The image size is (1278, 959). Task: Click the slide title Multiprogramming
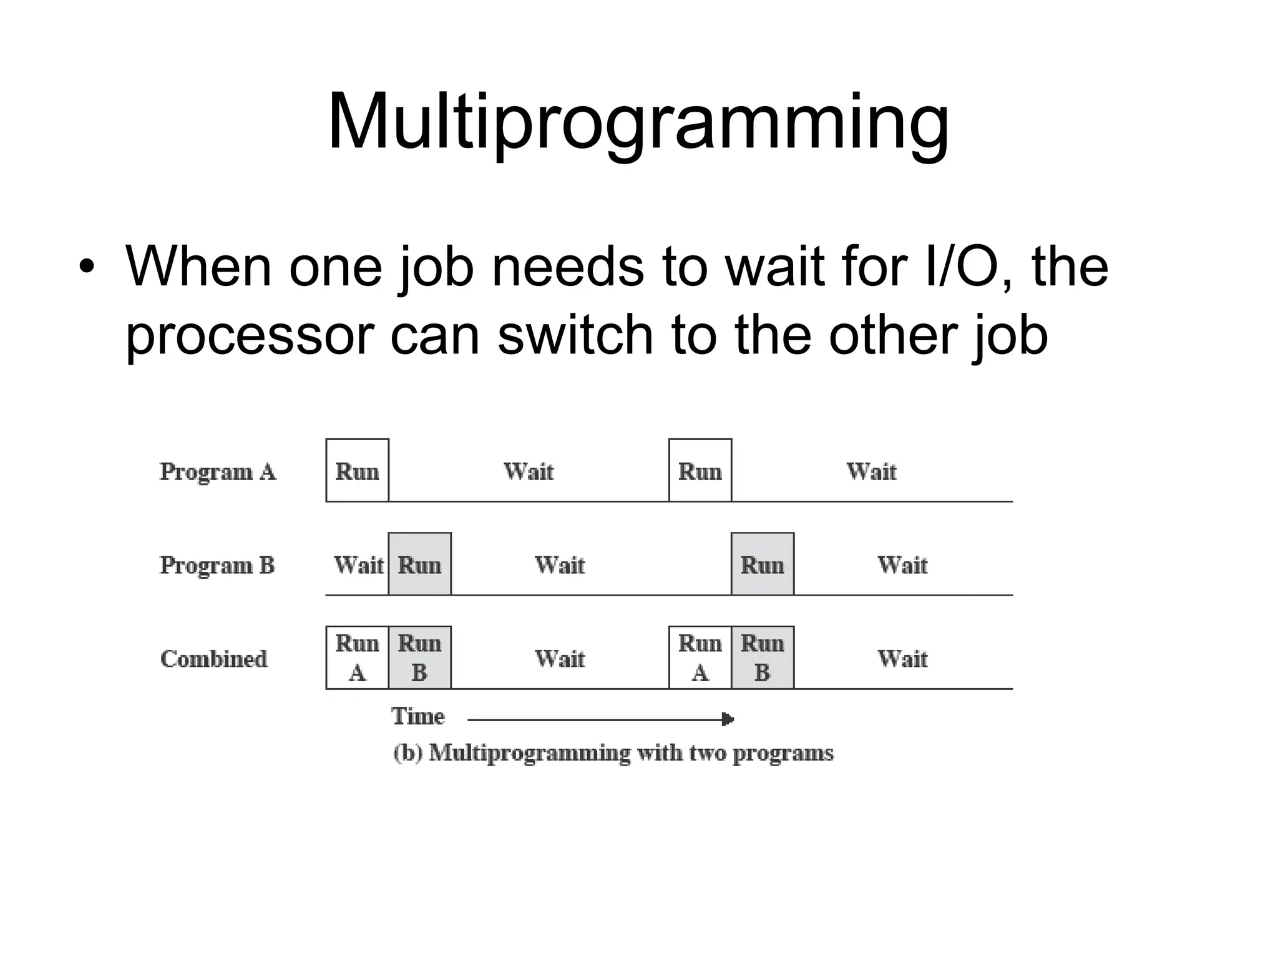point(638,122)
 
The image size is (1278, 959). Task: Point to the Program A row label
point(218,471)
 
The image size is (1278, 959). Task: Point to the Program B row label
point(217,565)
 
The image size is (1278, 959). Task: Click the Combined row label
point(213,659)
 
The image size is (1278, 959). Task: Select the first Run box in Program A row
point(358,471)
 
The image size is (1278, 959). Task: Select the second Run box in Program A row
point(700,471)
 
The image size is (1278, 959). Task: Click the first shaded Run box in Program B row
point(420,564)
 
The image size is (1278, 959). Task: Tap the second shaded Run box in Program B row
point(763,564)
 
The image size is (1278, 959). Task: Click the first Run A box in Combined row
point(358,658)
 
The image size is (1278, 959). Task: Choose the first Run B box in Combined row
point(420,658)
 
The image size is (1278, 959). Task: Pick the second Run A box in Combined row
point(700,658)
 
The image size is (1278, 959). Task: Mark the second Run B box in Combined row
point(763,658)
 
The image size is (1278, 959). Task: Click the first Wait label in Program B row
point(359,565)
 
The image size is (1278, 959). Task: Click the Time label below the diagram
point(418,716)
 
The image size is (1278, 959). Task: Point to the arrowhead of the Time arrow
point(728,719)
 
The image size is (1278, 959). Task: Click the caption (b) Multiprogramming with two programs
point(613,753)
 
